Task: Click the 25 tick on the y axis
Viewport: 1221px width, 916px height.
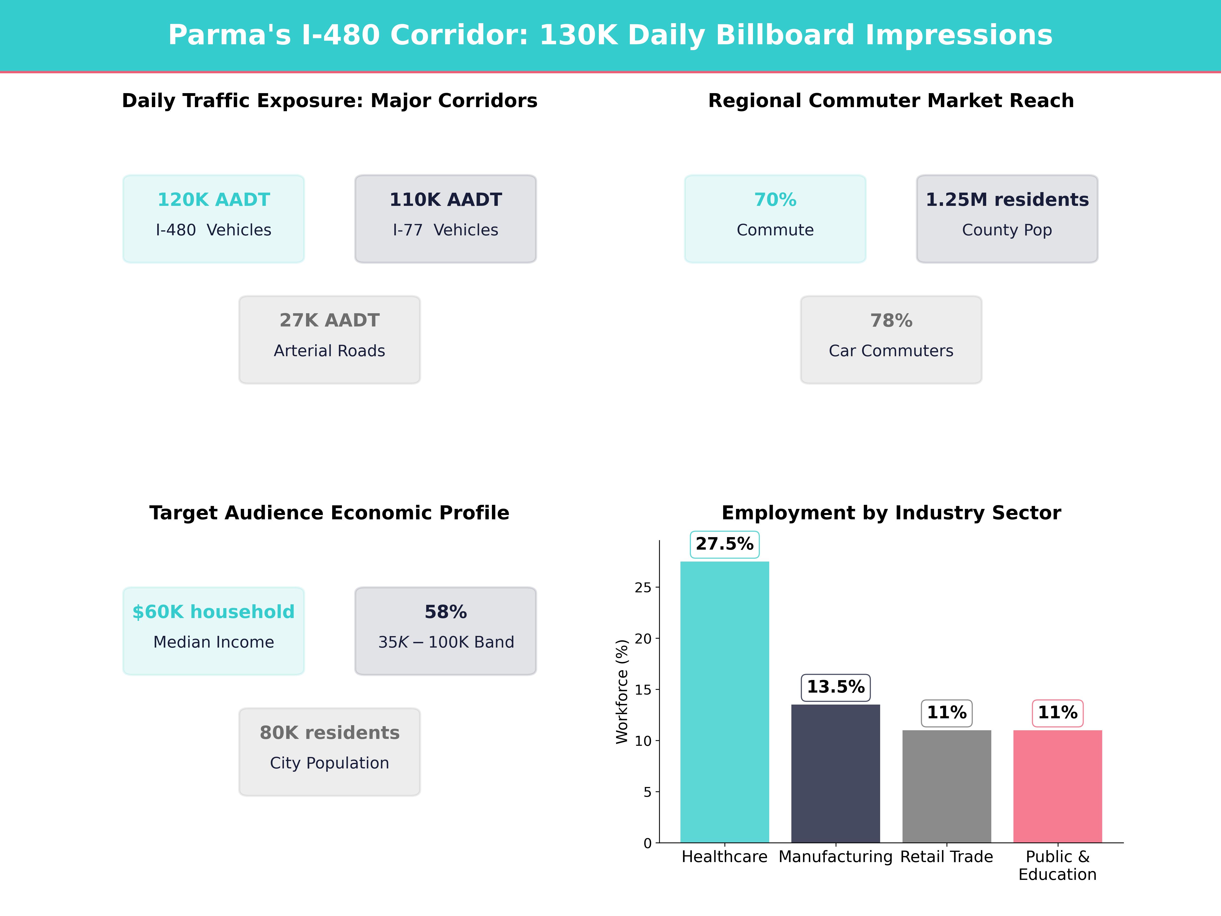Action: [x=643, y=588]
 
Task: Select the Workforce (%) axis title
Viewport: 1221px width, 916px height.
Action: [x=622, y=691]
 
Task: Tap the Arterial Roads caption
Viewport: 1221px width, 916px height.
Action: [x=329, y=351]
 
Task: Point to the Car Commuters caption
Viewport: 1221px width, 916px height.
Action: [x=891, y=351]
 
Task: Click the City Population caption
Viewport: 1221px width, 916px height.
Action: [x=329, y=763]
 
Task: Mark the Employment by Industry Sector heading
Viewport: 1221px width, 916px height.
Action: [x=891, y=513]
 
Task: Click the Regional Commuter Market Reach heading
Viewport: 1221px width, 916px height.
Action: [x=891, y=101]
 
